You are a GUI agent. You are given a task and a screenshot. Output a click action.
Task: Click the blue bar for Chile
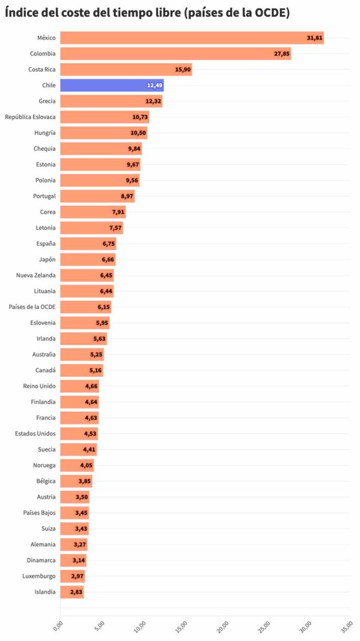(x=112, y=85)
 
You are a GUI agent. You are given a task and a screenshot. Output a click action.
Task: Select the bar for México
(x=191, y=38)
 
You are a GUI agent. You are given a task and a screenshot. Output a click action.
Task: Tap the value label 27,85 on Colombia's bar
(x=281, y=54)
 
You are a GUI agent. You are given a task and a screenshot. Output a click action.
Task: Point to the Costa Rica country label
(x=42, y=69)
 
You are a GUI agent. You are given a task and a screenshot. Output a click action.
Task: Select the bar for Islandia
(x=72, y=592)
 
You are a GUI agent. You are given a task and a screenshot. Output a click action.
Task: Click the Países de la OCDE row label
(x=32, y=307)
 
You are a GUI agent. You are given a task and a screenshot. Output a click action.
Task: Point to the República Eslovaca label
(x=30, y=117)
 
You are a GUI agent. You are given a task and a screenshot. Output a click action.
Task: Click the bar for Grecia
(x=111, y=101)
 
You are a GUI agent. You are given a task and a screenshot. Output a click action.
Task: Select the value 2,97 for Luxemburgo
(x=77, y=576)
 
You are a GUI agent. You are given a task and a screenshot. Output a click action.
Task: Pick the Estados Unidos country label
(x=35, y=434)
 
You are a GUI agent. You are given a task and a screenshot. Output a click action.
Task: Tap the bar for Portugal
(x=97, y=196)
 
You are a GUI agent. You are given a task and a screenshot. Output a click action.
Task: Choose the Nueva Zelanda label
(x=36, y=275)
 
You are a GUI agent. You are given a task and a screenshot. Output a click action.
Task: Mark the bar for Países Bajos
(x=74, y=513)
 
